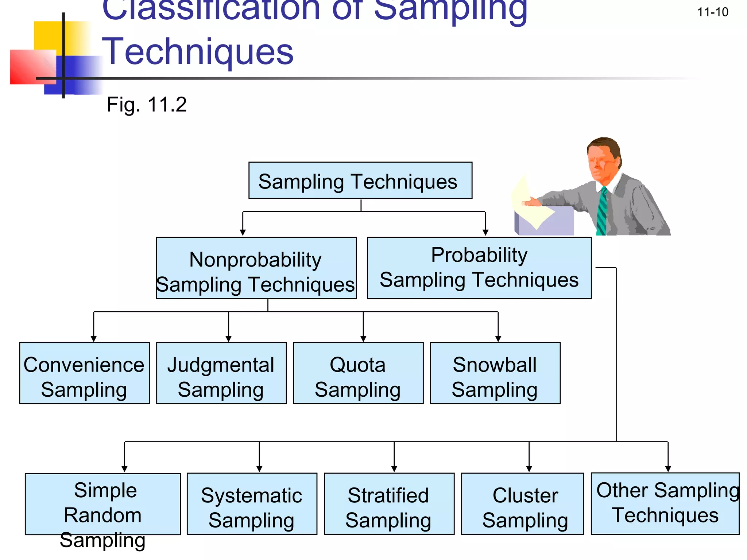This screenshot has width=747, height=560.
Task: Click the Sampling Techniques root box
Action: pos(360,180)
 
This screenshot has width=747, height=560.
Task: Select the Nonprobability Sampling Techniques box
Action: pos(256,268)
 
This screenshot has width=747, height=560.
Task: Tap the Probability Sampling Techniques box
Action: pos(479,268)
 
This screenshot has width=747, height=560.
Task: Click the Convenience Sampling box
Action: pos(84,373)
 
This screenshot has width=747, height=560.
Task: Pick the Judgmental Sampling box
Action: pos(221,373)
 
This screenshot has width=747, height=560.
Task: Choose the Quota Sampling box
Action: pos(358,373)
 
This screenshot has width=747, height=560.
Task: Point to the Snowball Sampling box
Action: pos(495,373)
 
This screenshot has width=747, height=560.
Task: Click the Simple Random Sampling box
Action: pos(102,504)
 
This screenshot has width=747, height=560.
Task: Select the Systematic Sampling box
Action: pos(252,504)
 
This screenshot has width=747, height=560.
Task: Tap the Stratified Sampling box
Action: pos(389,504)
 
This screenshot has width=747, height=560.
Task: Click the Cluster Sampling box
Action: pos(522,504)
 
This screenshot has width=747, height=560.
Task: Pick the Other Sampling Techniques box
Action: pos(665,503)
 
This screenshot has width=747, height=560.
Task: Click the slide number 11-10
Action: pos(712,12)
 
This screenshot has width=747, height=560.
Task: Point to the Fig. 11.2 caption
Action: pos(147,105)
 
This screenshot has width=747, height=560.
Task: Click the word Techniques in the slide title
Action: pos(198,52)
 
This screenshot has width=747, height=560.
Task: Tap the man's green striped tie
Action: pos(602,211)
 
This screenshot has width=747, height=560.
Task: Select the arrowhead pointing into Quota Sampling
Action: pos(363,339)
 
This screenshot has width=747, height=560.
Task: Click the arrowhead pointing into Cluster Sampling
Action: pos(529,469)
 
